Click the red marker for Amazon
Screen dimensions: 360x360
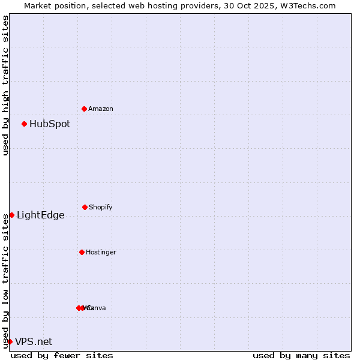(85, 109)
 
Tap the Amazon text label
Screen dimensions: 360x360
(101, 109)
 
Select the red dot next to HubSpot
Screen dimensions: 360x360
(25, 124)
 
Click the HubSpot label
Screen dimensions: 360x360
(50, 124)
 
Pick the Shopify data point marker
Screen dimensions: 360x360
(85, 207)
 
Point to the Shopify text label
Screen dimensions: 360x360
(101, 208)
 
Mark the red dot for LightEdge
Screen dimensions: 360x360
(11, 215)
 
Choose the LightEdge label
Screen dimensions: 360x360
(41, 215)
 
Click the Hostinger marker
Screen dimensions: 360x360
(82, 252)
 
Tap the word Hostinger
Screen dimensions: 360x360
(101, 253)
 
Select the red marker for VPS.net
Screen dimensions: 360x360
(10, 341)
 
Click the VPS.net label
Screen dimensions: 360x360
(34, 342)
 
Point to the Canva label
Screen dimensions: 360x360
(97, 308)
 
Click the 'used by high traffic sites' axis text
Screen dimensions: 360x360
(6, 85)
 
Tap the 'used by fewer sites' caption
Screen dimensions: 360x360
(62, 356)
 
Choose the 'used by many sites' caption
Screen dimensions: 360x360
(301, 356)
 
